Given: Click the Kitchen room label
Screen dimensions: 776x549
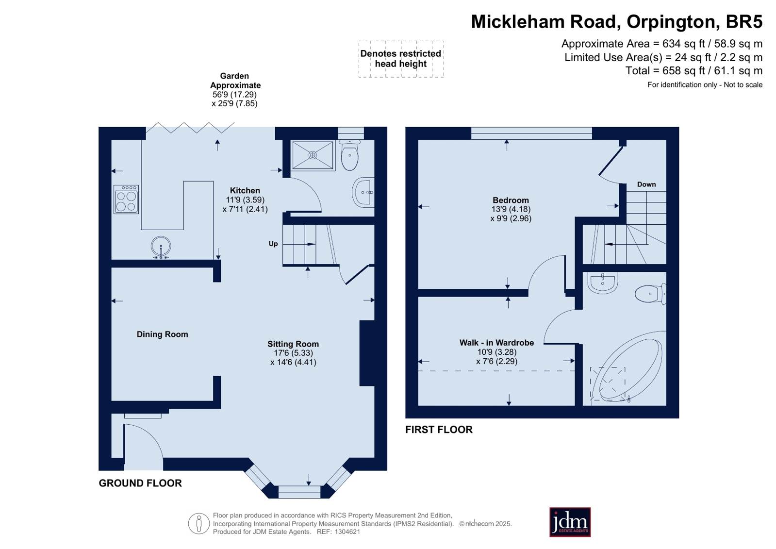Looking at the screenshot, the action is pos(245,191).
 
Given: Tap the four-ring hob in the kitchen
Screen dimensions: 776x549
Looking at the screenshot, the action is pos(126,200).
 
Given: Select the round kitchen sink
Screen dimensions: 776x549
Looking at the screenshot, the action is pos(161,247).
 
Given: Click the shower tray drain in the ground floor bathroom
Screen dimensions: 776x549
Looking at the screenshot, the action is pos(313,155).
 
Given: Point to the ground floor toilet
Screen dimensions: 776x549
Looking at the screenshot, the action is pos(349,155).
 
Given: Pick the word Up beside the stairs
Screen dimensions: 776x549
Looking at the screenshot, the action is pos(273,244).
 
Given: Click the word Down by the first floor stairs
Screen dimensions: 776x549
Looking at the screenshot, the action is pos(646,184).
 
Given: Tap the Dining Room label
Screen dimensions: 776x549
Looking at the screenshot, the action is pos(163,334).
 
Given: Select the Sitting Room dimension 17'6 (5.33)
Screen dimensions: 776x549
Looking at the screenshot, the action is pos(294,353).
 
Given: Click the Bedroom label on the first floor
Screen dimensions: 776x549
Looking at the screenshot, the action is pos(511,200).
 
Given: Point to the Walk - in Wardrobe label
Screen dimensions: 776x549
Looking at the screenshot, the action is pos(496,343).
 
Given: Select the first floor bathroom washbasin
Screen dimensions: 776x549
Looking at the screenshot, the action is pos(603,283).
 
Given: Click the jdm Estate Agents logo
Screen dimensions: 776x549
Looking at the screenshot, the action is pos(570,522).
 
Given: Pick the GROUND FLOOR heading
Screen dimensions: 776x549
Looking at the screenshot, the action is pos(140,483).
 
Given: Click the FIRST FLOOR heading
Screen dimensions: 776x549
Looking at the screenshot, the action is pos(439,430).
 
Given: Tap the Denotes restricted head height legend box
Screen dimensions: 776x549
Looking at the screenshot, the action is pos(401,59).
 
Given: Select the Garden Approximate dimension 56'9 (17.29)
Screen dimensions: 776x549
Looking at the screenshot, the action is pos(234,94).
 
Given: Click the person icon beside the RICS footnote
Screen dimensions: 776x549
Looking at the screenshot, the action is pos(199,523).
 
